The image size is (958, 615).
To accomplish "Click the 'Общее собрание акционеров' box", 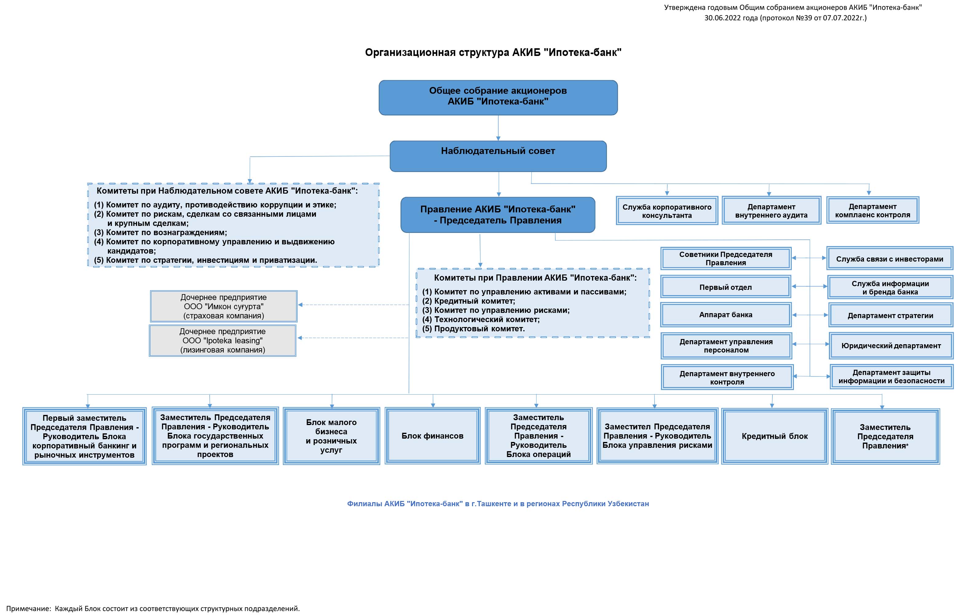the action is pos(498,97).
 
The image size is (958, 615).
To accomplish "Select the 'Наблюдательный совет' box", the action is pos(498,156).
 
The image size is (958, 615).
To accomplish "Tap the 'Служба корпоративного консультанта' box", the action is pos(667,211).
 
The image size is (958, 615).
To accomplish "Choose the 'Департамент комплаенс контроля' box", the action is pos(873,210).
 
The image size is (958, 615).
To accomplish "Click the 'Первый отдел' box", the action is pos(726,287).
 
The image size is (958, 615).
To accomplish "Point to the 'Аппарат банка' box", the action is pos(726,315).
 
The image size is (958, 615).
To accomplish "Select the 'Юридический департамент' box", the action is pos(891,346).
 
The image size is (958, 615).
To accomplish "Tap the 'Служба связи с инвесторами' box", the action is pos(890,259).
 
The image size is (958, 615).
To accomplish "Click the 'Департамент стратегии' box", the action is pos(890,315).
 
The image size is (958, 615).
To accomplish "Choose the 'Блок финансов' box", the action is pos(432,436).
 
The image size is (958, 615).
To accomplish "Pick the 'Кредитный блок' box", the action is pos(775,436).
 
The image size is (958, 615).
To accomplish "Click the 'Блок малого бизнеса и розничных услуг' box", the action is pos(331,436).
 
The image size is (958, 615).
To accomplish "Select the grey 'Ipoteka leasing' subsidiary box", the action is pos(223,341).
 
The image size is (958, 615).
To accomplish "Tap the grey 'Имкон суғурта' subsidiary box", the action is pos(224,306).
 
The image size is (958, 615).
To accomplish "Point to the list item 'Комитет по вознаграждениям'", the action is pos(160,232).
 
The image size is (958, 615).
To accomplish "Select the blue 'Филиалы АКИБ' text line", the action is pos(498,503).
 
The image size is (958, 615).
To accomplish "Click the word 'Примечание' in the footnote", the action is pos(28,609).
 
